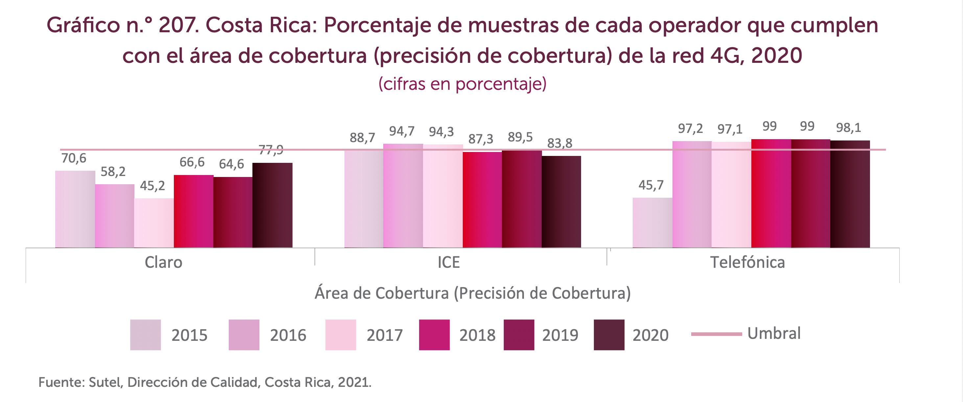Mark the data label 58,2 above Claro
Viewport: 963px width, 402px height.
[x=113, y=172]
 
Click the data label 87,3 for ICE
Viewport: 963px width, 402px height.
[x=481, y=139]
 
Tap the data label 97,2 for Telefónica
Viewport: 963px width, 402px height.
[x=690, y=129]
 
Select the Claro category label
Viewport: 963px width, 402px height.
[x=163, y=263]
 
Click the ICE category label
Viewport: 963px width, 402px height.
[x=448, y=263]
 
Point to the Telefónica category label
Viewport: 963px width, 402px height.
[x=747, y=263]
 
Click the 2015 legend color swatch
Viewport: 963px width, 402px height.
[x=145, y=335]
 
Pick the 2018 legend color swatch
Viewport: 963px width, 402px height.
[x=434, y=335]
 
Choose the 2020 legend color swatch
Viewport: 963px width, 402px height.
[x=609, y=335]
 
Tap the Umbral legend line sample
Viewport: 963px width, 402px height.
[x=716, y=334]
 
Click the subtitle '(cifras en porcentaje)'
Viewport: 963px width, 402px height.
[x=462, y=84]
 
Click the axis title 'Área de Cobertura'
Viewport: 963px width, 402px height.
[x=381, y=293]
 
